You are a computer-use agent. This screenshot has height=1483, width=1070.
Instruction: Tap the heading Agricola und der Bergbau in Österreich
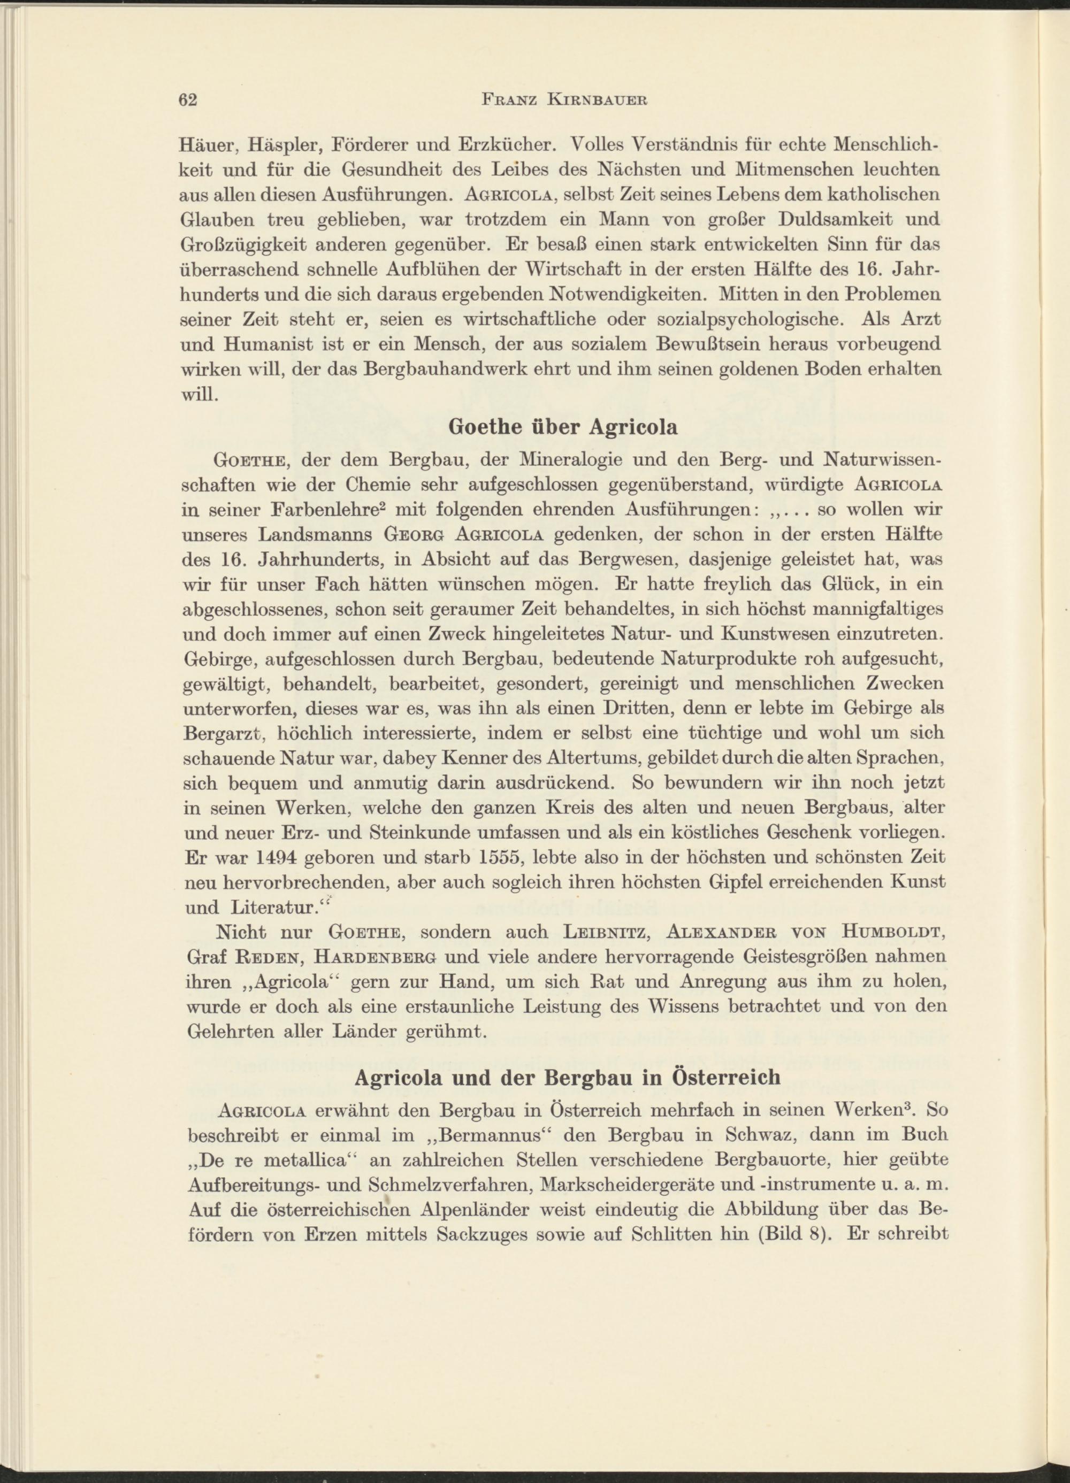pyautogui.click(x=567, y=1077)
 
